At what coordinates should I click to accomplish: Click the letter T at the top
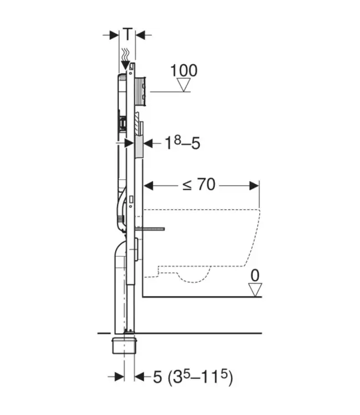click(x=128, y=34)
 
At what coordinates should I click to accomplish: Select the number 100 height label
click(x=183, y=70)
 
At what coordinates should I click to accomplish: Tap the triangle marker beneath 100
click(x=183, y=85)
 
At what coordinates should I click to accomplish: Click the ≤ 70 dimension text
click(x=198, y=185)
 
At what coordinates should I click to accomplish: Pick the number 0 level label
click(x=255, y=275)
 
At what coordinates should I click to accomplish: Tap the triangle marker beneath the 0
click(x=255, y=289)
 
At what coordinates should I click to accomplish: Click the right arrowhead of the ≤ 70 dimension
click(x=255, y=185)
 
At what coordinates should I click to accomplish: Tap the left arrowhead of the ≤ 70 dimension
click(x=148, y=185)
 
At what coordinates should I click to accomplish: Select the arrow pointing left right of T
click(x=141, y=34)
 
